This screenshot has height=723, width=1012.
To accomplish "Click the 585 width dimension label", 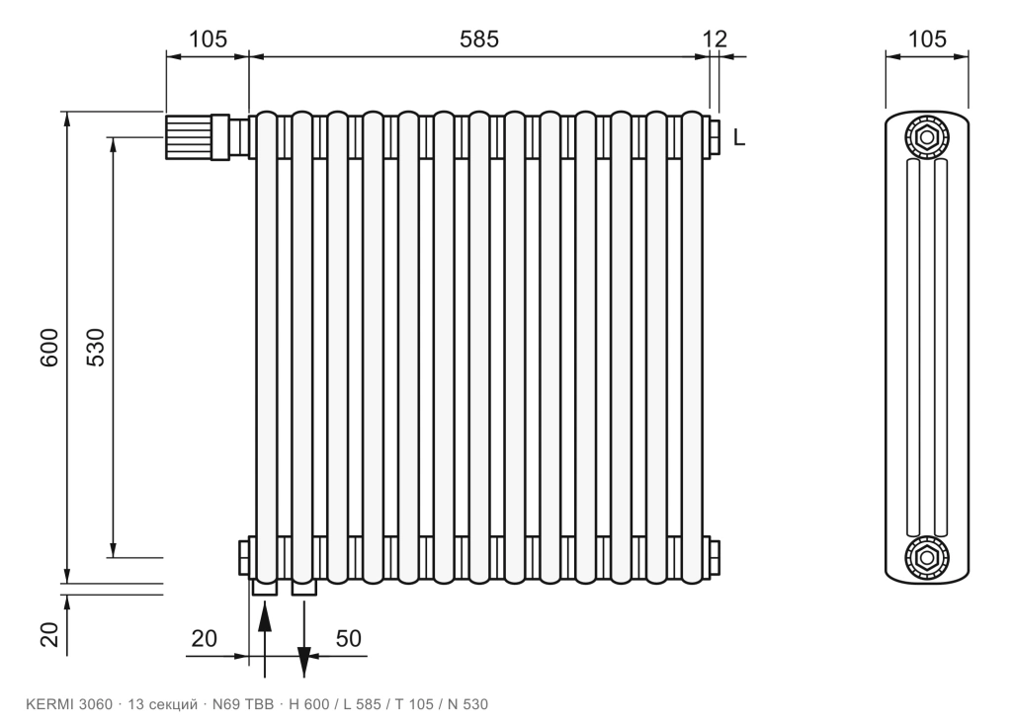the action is point(479,40).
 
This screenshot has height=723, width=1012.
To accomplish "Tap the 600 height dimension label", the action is point(49,348).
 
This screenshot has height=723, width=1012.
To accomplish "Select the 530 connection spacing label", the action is point(96,348).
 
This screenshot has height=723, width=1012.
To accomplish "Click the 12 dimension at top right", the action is point(715,40).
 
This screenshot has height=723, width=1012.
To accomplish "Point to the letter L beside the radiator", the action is point(739,137).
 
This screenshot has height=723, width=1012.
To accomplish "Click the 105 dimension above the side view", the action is point(927,40).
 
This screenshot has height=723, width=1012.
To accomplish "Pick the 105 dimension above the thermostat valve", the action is point(208,40).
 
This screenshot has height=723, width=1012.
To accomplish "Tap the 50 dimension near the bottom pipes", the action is point(349,638).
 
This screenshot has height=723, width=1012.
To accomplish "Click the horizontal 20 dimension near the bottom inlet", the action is point(204,638).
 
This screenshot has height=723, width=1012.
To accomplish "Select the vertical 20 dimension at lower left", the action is point(49,634).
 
